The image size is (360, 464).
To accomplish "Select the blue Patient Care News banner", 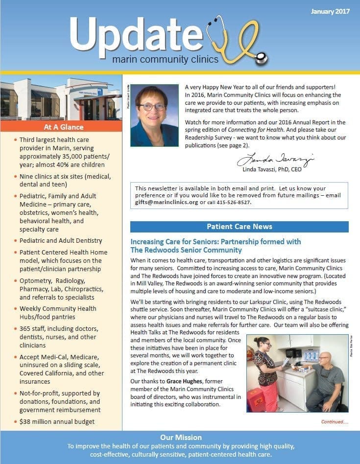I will pos(239,227).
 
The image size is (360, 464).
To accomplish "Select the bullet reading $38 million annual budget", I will pos(57,421).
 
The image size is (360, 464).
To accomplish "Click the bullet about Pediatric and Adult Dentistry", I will pos(61,241).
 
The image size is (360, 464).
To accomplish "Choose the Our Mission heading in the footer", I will pos(181,437).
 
